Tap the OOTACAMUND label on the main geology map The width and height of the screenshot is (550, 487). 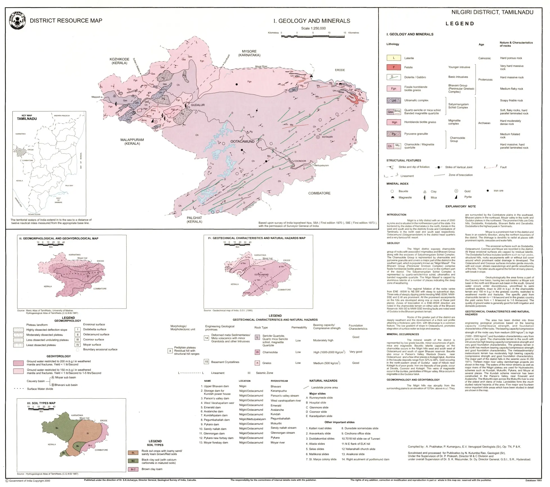coord(242,141)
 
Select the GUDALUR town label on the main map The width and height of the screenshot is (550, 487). coord(198,105)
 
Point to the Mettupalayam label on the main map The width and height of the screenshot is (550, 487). coord(321,165)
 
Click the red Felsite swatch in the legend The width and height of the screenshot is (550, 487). coord(394,67)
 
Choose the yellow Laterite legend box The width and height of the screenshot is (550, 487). coord(394,58)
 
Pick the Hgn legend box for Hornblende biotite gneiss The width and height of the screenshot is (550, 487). coord(394,122)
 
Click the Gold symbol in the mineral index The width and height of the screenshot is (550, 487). coord(456,191)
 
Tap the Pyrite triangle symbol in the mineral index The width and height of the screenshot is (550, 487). coord(456,197)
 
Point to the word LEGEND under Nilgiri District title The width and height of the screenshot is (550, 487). coord(460,24)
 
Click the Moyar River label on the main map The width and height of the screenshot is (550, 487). coord(261,66)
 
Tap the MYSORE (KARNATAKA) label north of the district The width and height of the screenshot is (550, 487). coord(249,53)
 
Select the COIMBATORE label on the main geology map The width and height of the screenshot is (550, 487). coord(319,193)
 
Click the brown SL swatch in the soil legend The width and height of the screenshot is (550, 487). coord(133,453)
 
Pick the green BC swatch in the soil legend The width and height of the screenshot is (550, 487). coord(133,461)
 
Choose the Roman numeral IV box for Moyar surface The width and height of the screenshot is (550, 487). coord(78,345)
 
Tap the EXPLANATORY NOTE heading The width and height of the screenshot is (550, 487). coord(460,206)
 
